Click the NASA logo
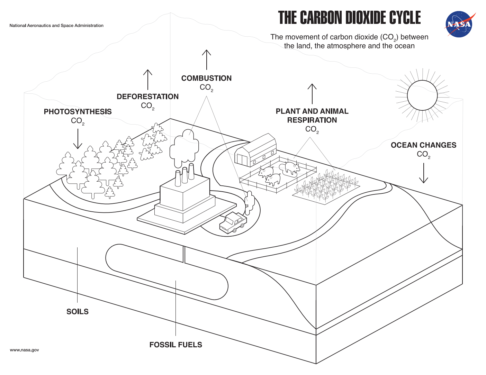point(459,24)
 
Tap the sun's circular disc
point(422,95)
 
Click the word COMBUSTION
point(206,78)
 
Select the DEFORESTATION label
point(147,97)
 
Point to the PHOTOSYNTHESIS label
point(78,111)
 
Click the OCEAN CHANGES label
point(423,145)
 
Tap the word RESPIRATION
point(312,120)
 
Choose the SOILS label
point(78,312)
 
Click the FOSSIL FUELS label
point(175,345)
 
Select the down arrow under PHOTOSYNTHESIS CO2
point(78,139)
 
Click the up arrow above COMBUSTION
point(207,60)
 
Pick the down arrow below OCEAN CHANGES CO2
point(424,173)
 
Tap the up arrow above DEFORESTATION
point(148,79)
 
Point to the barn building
point(256,150)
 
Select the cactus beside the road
point(250,203)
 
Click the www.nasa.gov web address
point(24,350)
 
